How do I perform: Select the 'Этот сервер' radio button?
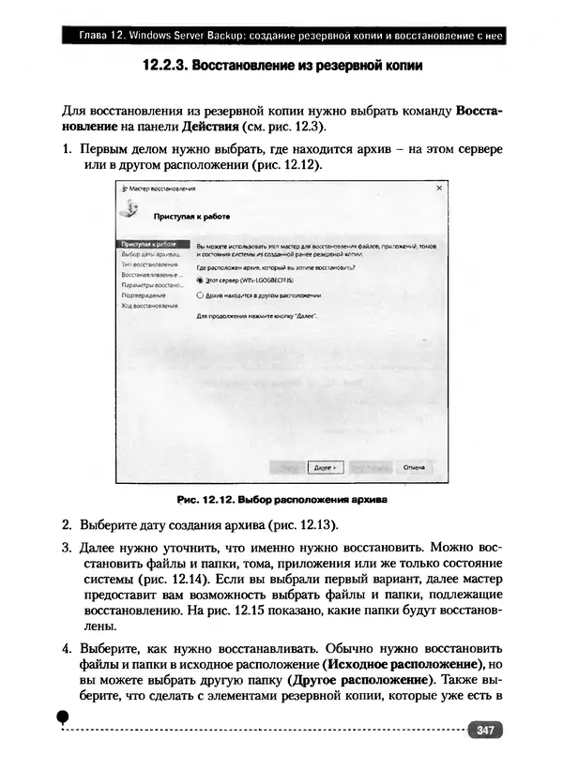(x=200, y=279)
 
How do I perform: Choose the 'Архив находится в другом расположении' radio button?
(x=200, y=294)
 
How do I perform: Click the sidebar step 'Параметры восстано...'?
(x=151, y=285)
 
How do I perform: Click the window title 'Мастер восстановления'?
(x=157, y=189)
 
